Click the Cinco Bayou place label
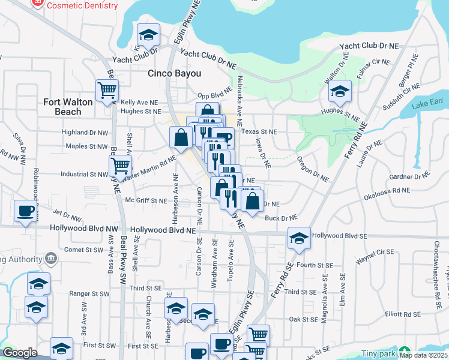pos(174,74)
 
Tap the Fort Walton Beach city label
pos(68,107)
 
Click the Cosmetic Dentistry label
pos(82,5)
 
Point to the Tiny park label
pos(378,353)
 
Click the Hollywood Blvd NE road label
pos(163,230)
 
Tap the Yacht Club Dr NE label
pos(369,46)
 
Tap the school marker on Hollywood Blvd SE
pos(299,238)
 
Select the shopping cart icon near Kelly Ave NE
pos(107,90)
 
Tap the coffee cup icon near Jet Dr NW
pos(25,211)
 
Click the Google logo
pos(20,353)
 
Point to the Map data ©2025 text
pos(423,355)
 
